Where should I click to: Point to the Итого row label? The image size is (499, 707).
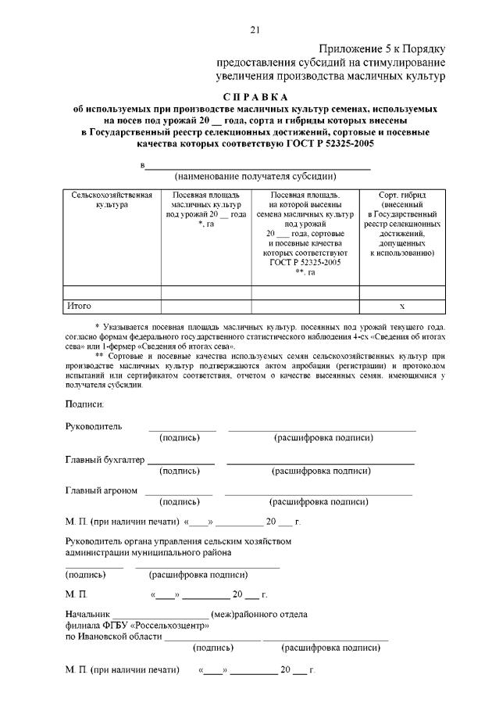[x=80, y=306]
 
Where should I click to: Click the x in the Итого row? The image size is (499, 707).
[x=402, y=306]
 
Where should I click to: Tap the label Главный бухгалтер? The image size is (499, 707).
[x=105, y=459]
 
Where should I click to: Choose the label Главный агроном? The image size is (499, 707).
[x=102, y=490]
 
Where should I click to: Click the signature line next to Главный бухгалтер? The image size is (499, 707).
[x=181, y=463]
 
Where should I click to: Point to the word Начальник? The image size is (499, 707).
[x=87, y=614]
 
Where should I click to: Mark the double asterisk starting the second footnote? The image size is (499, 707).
[x=99, y=355]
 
